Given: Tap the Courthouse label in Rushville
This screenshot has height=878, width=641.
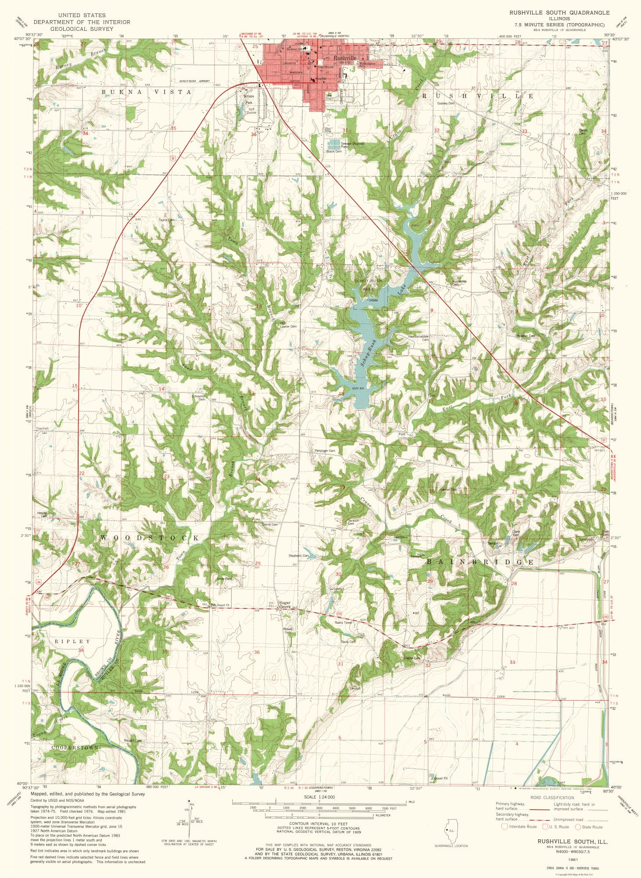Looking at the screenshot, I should click(326, 67).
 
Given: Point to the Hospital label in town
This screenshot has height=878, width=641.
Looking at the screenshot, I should click(321, 79).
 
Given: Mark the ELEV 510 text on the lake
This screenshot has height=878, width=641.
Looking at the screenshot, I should click(358, 388).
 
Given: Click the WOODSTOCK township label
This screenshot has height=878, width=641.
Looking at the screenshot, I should click(149, 538).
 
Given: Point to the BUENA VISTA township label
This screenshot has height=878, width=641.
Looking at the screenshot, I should click(147, 92).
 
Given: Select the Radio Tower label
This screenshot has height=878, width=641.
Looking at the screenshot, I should click(343, 623).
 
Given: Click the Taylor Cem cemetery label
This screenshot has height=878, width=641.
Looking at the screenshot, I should click(166, 220).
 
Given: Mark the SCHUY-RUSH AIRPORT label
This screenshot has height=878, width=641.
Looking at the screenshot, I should click(194, 82).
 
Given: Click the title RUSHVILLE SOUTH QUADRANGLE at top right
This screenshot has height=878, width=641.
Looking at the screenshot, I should click(557, 13).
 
